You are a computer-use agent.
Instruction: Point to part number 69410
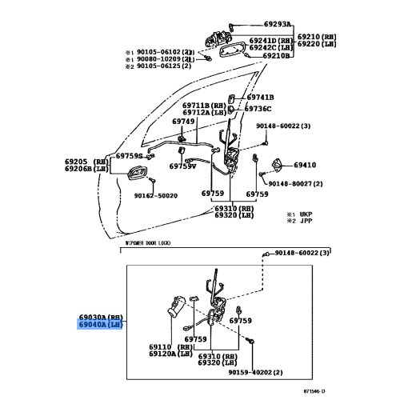pos(304,165)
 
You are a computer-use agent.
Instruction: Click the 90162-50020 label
pos(155,195)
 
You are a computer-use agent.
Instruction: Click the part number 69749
pos(183,122)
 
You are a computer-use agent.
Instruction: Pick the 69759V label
pos(182,166)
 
